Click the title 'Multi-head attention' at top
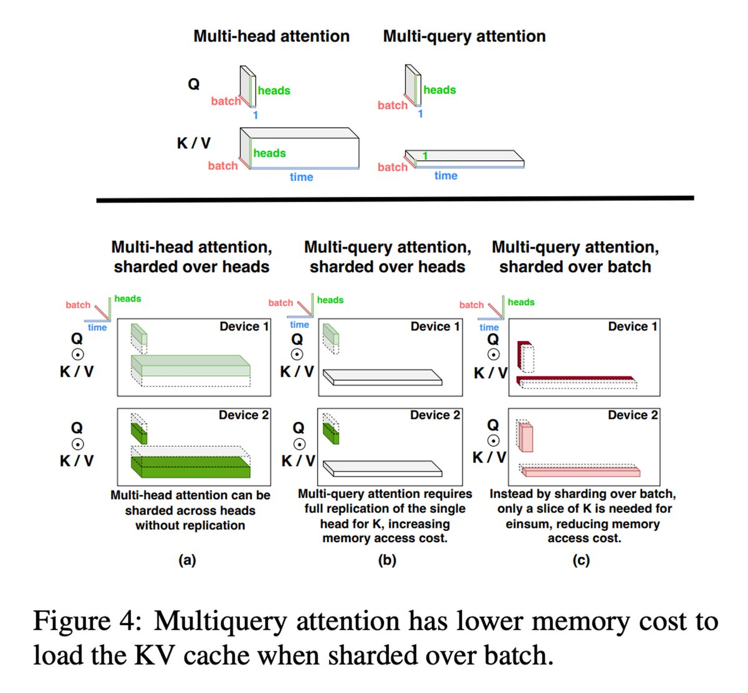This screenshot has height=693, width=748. pyautogui.click(x=271, y=36)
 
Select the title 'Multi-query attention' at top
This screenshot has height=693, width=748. pyautogui.click(x=464, y=36)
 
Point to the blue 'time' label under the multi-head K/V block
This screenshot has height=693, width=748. pyautogui.click(x=301, y=177)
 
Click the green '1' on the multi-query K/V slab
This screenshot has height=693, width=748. pyautogui.click(x=425, y=156)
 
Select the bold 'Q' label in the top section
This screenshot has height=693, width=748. pyautogui.click(x=194, y=84)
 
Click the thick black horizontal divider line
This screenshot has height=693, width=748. pyautogui.click(x=395, y=199)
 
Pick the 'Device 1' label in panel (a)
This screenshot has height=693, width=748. pyautogui.click(x=244, y=327)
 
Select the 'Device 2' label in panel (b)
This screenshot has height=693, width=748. pyautogui.click(x=435, y=415)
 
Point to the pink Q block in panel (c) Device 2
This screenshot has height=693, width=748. pyautogui.click(x=525, y=437)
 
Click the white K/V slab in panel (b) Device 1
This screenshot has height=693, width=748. pyautogui.click(x=381, y=377)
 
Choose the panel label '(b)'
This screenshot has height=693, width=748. pyautogui.click(x=387, y=560)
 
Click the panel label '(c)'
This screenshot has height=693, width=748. pyautogui.click(x=581, y=560)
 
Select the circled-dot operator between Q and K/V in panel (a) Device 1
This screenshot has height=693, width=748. pyautogui.click(x=77, y=355)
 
